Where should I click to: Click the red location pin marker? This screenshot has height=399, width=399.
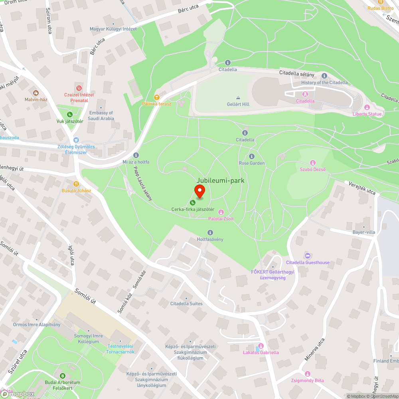(x=199, y=191)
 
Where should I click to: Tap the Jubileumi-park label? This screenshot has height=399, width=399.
(x=220, y=181)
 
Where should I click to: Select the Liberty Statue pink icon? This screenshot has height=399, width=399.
(x=367, y=107)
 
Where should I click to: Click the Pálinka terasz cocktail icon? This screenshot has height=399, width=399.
(x=157, y=97)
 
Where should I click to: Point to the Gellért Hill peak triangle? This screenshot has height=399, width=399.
(x=238, y=97)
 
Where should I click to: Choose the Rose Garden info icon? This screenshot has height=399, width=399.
(x=252, y=156)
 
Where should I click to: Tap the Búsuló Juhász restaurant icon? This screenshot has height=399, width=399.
(x=76, y=184)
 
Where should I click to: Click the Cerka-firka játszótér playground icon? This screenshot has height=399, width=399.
(x=193, y=203)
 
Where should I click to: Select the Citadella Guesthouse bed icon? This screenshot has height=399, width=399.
(x=307, y=256)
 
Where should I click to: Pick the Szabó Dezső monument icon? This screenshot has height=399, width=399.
(x=313, y=162)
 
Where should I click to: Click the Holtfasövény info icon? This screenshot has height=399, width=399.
(x=210, y=233)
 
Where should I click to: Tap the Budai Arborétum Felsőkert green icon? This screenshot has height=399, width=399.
(x=62, y=376)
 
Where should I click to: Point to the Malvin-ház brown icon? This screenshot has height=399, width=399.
(x=36, y=93)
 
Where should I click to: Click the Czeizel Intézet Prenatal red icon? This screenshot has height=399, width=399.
(x=79, y=88)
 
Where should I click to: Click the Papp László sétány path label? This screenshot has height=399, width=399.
(x=142, y=183)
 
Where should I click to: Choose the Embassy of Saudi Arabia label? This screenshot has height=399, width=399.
(x=101, y=116)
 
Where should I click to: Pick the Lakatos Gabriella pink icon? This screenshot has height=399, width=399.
(x=261, y=346)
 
